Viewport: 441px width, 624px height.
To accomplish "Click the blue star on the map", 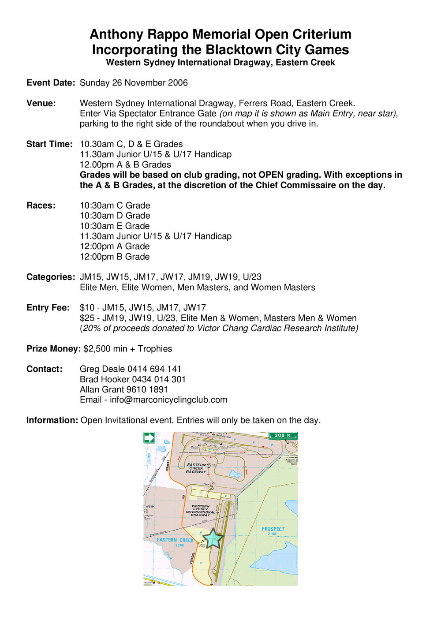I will pos(213,538).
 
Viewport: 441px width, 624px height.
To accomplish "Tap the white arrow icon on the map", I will pos(149,438).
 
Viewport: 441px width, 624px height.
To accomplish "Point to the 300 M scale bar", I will pos(283,436).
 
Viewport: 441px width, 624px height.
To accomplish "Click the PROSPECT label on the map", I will pos(273,529).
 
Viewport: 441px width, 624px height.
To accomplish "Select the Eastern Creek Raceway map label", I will pos(196,468).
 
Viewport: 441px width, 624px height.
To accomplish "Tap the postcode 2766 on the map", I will pos(179,545).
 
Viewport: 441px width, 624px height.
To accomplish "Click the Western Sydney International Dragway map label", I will pos(201,511).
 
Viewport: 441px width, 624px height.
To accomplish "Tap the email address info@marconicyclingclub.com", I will pos(168,400).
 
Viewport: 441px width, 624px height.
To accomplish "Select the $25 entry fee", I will pos(86,318).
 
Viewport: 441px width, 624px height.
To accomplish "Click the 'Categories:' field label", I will pos(51,277).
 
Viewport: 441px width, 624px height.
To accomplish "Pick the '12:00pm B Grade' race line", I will pos(115,257).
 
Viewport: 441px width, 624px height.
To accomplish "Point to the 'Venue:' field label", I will pos(41,104).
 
